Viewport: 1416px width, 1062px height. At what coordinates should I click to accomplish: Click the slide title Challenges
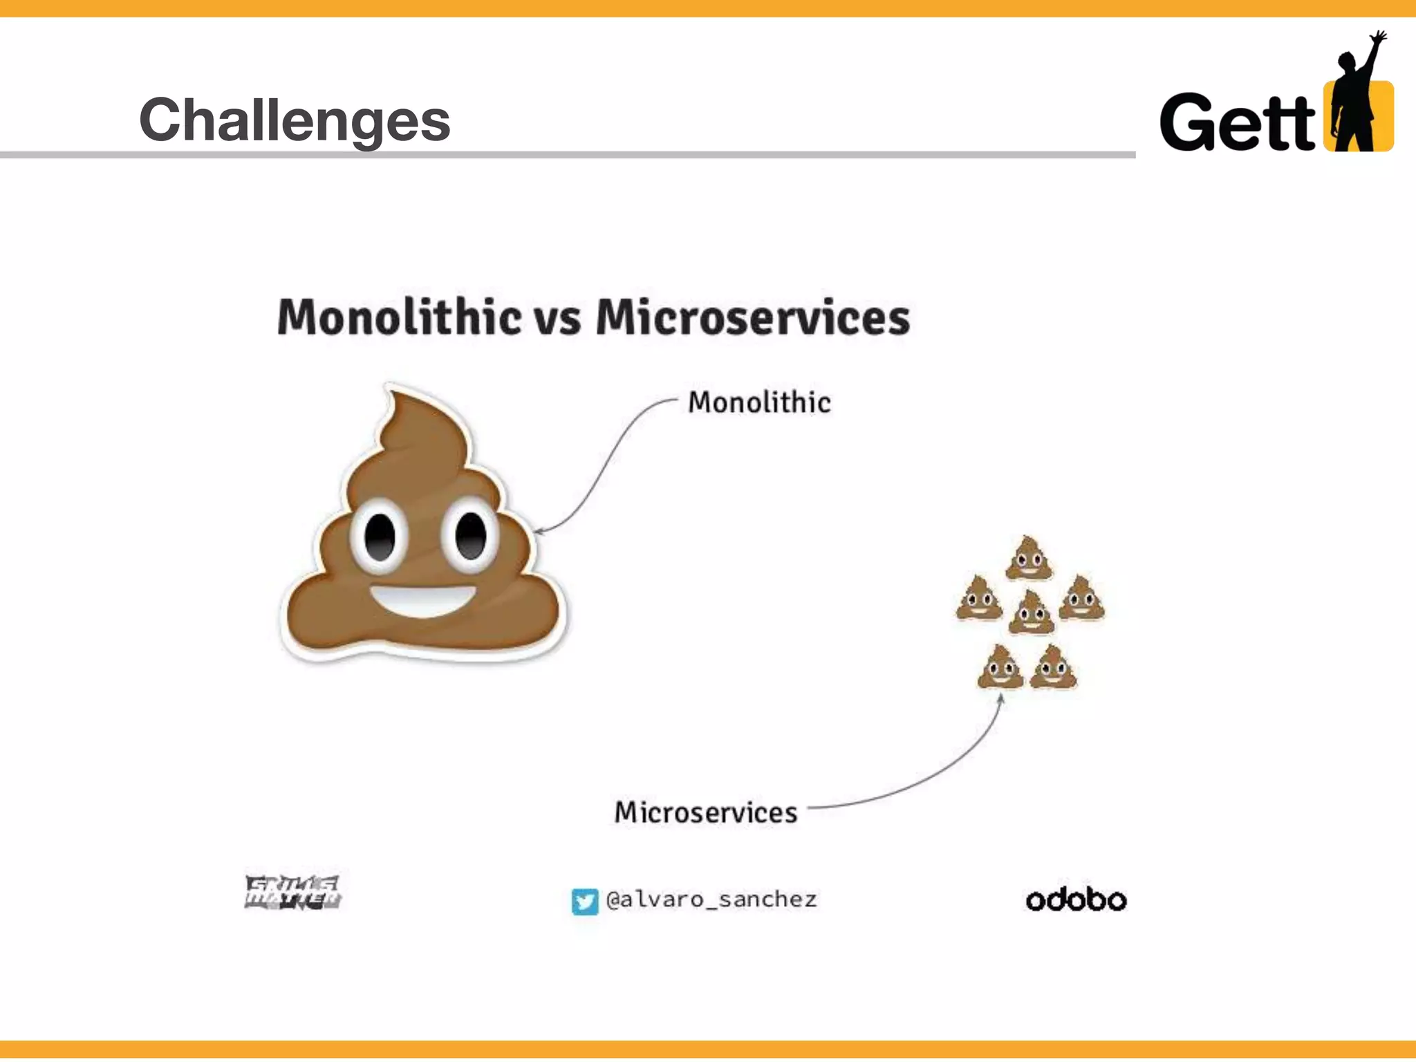[x=295, y=120]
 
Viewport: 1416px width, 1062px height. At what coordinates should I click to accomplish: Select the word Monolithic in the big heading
[x=399, y=317]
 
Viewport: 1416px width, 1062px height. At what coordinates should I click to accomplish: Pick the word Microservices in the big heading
[x=752, y=317]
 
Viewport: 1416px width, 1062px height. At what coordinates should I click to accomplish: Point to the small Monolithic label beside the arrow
[x=759, y=402]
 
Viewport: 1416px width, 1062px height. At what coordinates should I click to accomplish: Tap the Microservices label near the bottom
[x=705, y=812]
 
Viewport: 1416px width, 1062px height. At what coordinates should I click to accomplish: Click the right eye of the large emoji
[x=471, y=536]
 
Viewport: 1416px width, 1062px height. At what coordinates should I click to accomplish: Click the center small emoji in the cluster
[x=1031, y=613]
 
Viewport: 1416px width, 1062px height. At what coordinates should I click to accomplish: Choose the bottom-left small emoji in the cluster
[x=1000, y=667]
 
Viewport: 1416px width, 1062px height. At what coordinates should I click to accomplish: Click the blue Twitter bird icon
[x=584, y=901]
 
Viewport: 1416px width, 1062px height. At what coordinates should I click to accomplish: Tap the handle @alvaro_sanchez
[x=711, y=900]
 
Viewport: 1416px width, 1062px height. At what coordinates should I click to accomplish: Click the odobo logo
[x=1076, y=900]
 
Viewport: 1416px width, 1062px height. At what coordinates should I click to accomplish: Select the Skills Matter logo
[x=292, y=893]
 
